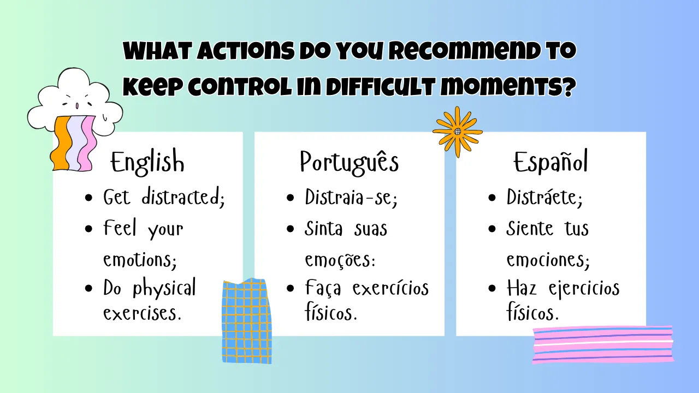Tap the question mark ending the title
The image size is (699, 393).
point(570,86)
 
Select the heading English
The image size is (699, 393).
point(147,162)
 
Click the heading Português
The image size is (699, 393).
point(349,162)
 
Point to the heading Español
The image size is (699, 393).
point(551,161)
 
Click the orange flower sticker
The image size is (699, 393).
point(458,132)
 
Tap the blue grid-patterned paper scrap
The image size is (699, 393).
point(246,321)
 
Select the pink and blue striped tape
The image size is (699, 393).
point(603,344)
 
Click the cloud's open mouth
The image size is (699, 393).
point(77,106)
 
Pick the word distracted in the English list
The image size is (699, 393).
point(183,197)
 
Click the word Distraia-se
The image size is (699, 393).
point(351,197)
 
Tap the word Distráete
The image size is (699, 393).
point(544,197)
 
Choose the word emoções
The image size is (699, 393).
point(340,259)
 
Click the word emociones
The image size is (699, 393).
point(548,259)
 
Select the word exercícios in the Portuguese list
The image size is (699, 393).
point(390,288)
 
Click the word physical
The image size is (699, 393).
point(164,288)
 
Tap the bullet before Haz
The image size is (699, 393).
point(492,288)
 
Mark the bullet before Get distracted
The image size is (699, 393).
point(88,198)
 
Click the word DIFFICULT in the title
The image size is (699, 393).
point(381,87)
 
